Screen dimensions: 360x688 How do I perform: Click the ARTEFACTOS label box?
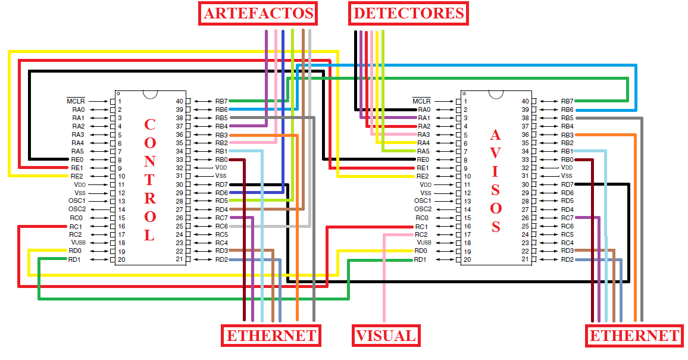click(x=258, y=13)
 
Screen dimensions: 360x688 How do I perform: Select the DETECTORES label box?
click(x=408, y=13)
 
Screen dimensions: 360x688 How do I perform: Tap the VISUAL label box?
click(x=385, y=336)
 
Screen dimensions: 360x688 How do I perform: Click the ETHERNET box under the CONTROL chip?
click(x=271, y=336)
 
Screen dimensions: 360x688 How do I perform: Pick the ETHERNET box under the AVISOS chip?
click(x=634, y=336)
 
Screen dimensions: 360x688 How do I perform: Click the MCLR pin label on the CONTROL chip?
click(x=76, y=101)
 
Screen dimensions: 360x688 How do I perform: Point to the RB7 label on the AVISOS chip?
click(x=567, y=101)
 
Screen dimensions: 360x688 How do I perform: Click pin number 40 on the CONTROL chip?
click(x=180, y=101)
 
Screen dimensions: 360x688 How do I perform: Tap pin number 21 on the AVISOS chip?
click(x=526, y=259)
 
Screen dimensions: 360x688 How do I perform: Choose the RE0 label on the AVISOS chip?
click(x=423, y=159)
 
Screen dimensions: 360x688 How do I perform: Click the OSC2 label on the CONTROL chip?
click(x=77, y=209)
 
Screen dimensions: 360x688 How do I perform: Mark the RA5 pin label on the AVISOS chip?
click(x=423, y=151)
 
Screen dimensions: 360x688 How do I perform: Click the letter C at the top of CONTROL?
click(x=149, y=125)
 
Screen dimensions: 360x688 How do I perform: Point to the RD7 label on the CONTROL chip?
click(x=221, y=184)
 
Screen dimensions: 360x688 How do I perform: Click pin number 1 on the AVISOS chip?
click(x=465, y=101)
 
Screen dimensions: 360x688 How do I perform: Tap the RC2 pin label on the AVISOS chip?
click(x=423, y=234)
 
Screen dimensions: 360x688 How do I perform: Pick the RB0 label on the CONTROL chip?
click(x=221, y=159)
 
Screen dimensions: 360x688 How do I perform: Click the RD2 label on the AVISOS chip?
click(x=567, y=259)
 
